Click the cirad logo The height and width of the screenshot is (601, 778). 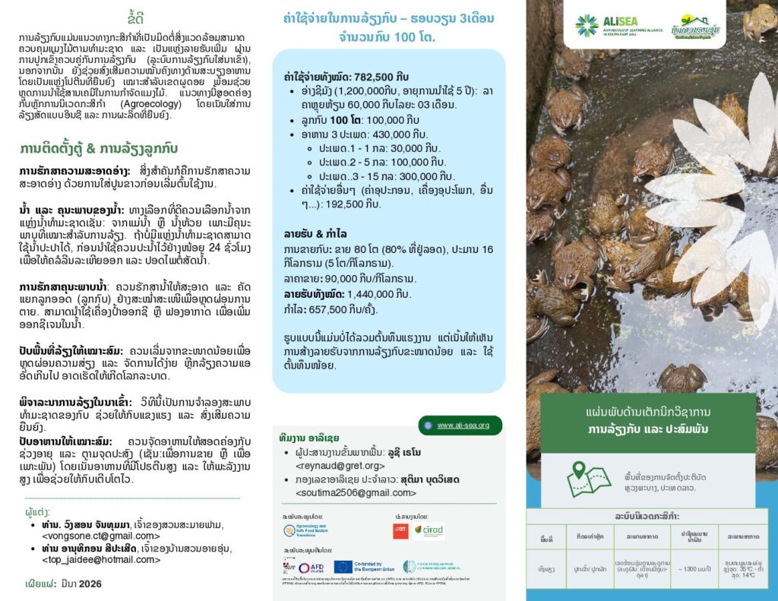(429, 531)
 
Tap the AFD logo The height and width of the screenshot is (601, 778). (311, 567)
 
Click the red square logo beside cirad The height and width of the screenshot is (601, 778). (400, 531)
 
